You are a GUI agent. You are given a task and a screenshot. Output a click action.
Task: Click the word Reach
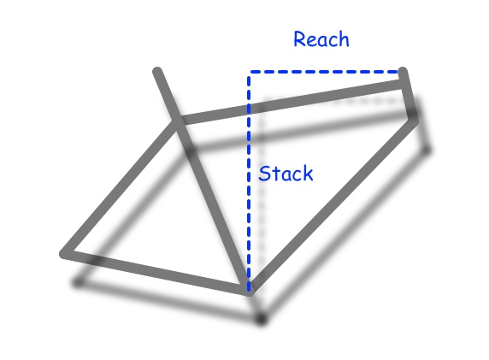coord(321,39)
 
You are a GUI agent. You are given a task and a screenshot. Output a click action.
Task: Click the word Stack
coord(286,174)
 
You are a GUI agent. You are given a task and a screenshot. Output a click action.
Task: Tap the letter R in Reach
coord(299,39)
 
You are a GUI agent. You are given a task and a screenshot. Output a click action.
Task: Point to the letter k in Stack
coord(308,173)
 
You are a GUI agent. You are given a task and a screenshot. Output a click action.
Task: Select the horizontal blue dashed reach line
coord(324,72)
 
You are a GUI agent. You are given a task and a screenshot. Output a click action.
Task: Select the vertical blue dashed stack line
coord(249,182)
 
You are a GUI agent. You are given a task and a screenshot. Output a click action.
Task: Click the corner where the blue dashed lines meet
coord(249,73)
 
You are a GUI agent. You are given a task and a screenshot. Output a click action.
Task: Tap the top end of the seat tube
coord(157,72)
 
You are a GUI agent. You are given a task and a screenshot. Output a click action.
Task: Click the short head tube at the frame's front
coord(409,96)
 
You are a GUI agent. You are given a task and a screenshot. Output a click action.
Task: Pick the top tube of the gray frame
coord(291,102)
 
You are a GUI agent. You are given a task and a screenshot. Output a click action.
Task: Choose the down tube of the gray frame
coord(333,205)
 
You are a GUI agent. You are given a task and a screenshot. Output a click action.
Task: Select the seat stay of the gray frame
coord(120,187)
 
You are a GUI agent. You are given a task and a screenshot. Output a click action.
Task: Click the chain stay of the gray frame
coord(156,272)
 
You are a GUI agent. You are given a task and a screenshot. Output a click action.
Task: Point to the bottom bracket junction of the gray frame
coord(250,290)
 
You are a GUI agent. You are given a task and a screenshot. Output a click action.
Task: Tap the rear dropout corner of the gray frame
coord(64,254)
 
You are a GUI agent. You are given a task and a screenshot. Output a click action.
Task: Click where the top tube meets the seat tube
coord(179,121)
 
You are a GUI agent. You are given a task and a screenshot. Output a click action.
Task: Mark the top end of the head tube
coord(403,71)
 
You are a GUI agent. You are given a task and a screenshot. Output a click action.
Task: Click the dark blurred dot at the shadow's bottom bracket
coord(262,319)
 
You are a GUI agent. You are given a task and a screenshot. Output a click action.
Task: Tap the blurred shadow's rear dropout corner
coord(78,283)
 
